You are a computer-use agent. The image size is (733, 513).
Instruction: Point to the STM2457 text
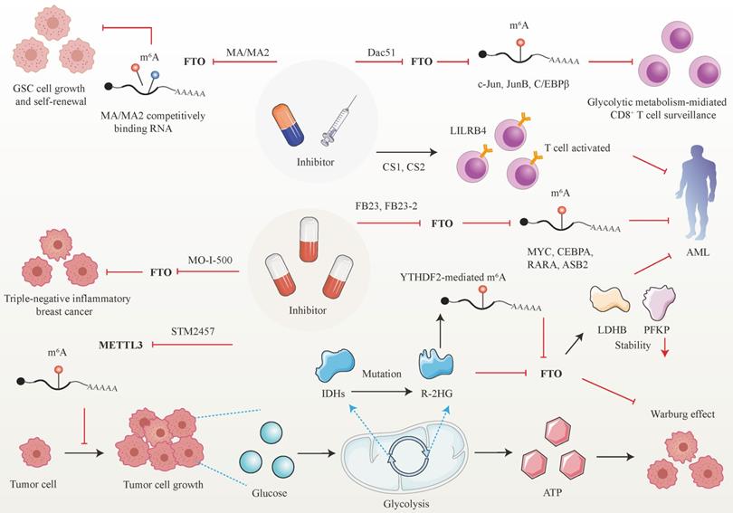click(x=195, y=332)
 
